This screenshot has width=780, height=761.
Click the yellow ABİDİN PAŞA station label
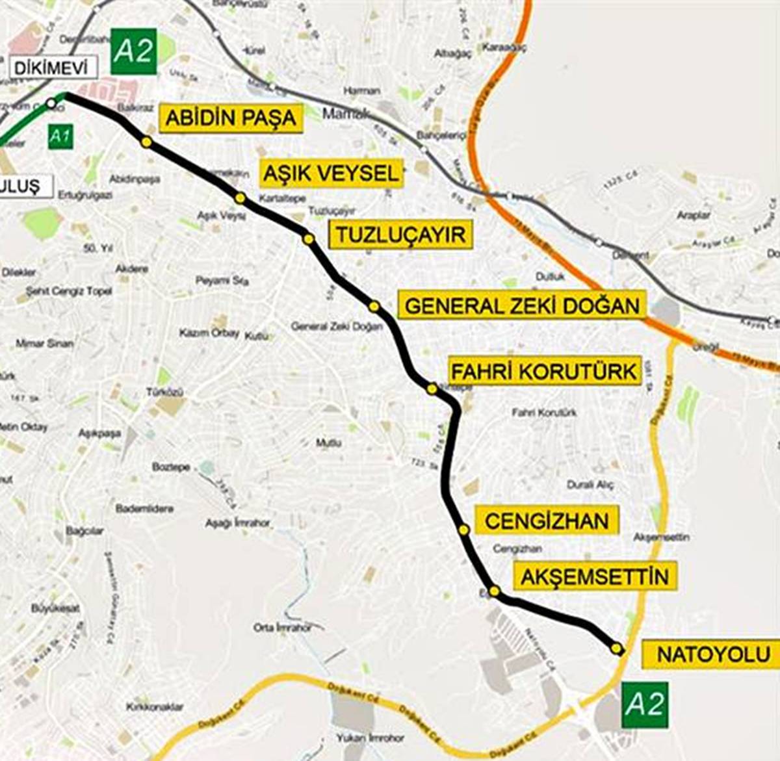point(231,118)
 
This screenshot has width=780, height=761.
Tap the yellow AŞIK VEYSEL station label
point(331,174)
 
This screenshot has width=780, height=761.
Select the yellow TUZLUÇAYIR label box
point(400,234)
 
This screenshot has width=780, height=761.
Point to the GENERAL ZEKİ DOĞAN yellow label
point(522,305)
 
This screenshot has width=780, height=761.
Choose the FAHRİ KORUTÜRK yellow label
point(544,372)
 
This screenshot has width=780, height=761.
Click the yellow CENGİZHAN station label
point(546,521)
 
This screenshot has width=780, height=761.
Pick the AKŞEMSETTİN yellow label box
point(594,576)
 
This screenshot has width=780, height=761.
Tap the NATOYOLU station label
point(712,654)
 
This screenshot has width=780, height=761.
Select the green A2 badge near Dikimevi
point(133,52)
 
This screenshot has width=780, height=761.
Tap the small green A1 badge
point(60,137)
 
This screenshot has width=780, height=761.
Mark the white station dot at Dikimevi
point(51,103)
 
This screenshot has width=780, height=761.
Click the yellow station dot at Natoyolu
point(616,648)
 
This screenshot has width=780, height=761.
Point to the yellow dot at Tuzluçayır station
point(308,239)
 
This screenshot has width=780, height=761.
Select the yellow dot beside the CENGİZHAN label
point(463,530)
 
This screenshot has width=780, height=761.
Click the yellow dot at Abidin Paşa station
point(146,142)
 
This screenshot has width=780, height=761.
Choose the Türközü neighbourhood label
point(164,392)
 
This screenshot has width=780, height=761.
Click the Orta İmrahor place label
point(282,628)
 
